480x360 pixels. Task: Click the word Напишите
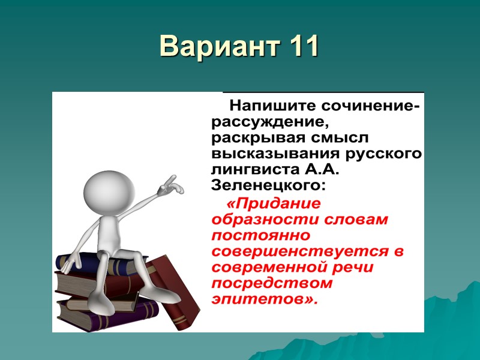click(x=265, y=106)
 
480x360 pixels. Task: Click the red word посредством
click(x=271, y=283)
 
